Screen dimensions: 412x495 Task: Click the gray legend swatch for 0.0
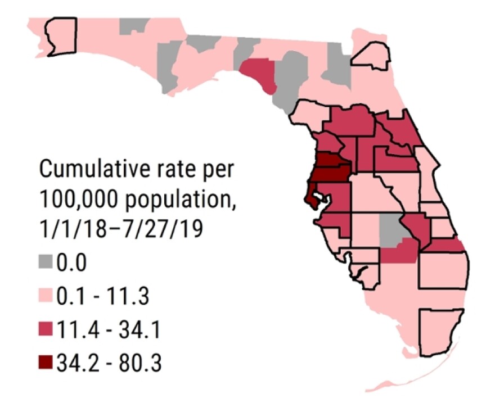[47, 262]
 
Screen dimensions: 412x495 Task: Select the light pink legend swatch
[47, 296]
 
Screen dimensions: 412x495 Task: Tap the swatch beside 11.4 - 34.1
[47, 329]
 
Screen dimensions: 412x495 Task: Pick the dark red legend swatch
[47, 363]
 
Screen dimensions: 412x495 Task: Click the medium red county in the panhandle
[259, 74]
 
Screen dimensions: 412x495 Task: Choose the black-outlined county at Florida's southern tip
[444, 332]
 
